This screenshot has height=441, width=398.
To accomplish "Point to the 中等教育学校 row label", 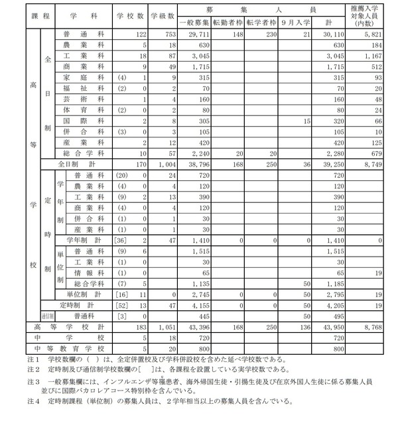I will tap(70, 347).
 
